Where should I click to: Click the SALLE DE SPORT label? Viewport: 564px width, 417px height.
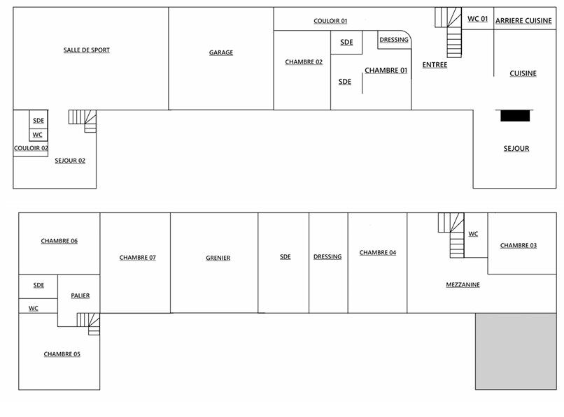coord(86,50)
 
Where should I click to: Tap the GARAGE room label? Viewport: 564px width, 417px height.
coord(221,52)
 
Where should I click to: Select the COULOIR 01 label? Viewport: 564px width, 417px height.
coord(330,21)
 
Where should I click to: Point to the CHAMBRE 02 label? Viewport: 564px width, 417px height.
coord(304,61)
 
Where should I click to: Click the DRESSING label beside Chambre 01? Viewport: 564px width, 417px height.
coord(394,40)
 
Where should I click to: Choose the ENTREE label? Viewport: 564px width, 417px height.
coord(435,65)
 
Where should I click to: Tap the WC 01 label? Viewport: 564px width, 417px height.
coord(477,19)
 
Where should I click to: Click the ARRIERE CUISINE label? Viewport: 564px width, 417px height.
coord(523,20)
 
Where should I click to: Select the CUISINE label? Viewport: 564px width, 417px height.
coord(523,73)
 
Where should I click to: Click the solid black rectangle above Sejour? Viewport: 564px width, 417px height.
coord(515,116)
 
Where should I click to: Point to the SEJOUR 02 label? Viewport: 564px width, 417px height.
coord(70,161)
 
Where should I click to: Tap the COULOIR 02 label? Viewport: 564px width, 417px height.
coord(31,148)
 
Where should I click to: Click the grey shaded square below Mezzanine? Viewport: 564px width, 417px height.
coord(516,351)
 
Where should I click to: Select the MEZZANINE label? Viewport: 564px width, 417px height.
coord(463,284)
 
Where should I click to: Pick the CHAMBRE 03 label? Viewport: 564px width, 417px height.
coord(519,245)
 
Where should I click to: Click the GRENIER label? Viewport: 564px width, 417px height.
coord(218,258)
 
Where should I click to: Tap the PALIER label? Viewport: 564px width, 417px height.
coord(80,295)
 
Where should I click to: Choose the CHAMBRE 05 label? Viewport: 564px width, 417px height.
coord(62,354)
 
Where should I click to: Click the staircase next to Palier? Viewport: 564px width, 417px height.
coord(88,323)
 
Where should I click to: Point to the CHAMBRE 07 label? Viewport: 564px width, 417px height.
coord(137,258)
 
